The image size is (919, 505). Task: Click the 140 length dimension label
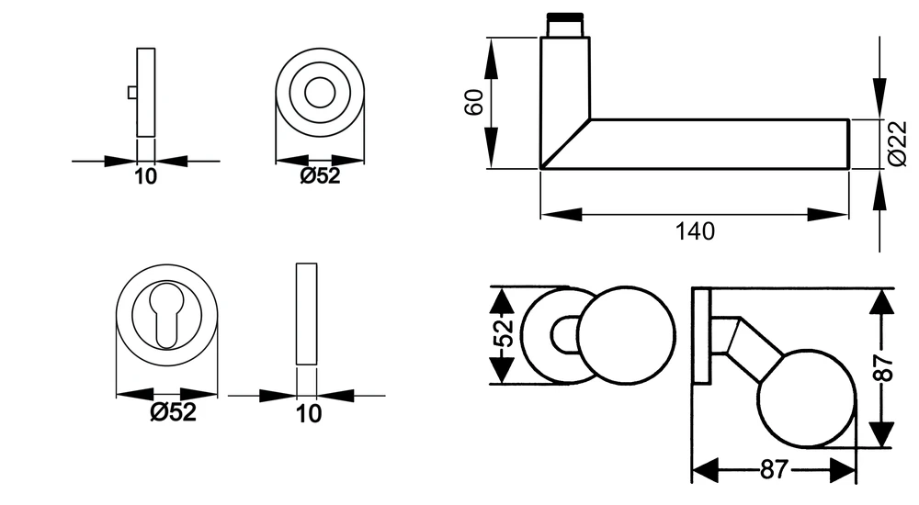(695, 231)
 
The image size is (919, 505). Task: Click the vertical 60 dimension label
(473, 103)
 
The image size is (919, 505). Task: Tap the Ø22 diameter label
(897, 143)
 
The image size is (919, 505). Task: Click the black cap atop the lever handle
(564, 17)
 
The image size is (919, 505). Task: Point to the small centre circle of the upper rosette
(320, 93)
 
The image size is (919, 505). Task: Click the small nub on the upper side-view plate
(132, 93)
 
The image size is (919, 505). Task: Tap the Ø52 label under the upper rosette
(320, 175)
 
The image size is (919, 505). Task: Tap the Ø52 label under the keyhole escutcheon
(173, 412)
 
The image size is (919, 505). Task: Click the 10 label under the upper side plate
(146, 176)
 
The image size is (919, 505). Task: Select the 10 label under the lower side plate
(308, 413)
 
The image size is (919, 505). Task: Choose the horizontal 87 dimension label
(775, 469)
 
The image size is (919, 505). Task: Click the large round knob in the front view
(626, 335)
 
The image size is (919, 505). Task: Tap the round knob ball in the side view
(807, 398)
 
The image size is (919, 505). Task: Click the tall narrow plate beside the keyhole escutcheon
(307, 314)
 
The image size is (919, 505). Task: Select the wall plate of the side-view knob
(701, 336)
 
